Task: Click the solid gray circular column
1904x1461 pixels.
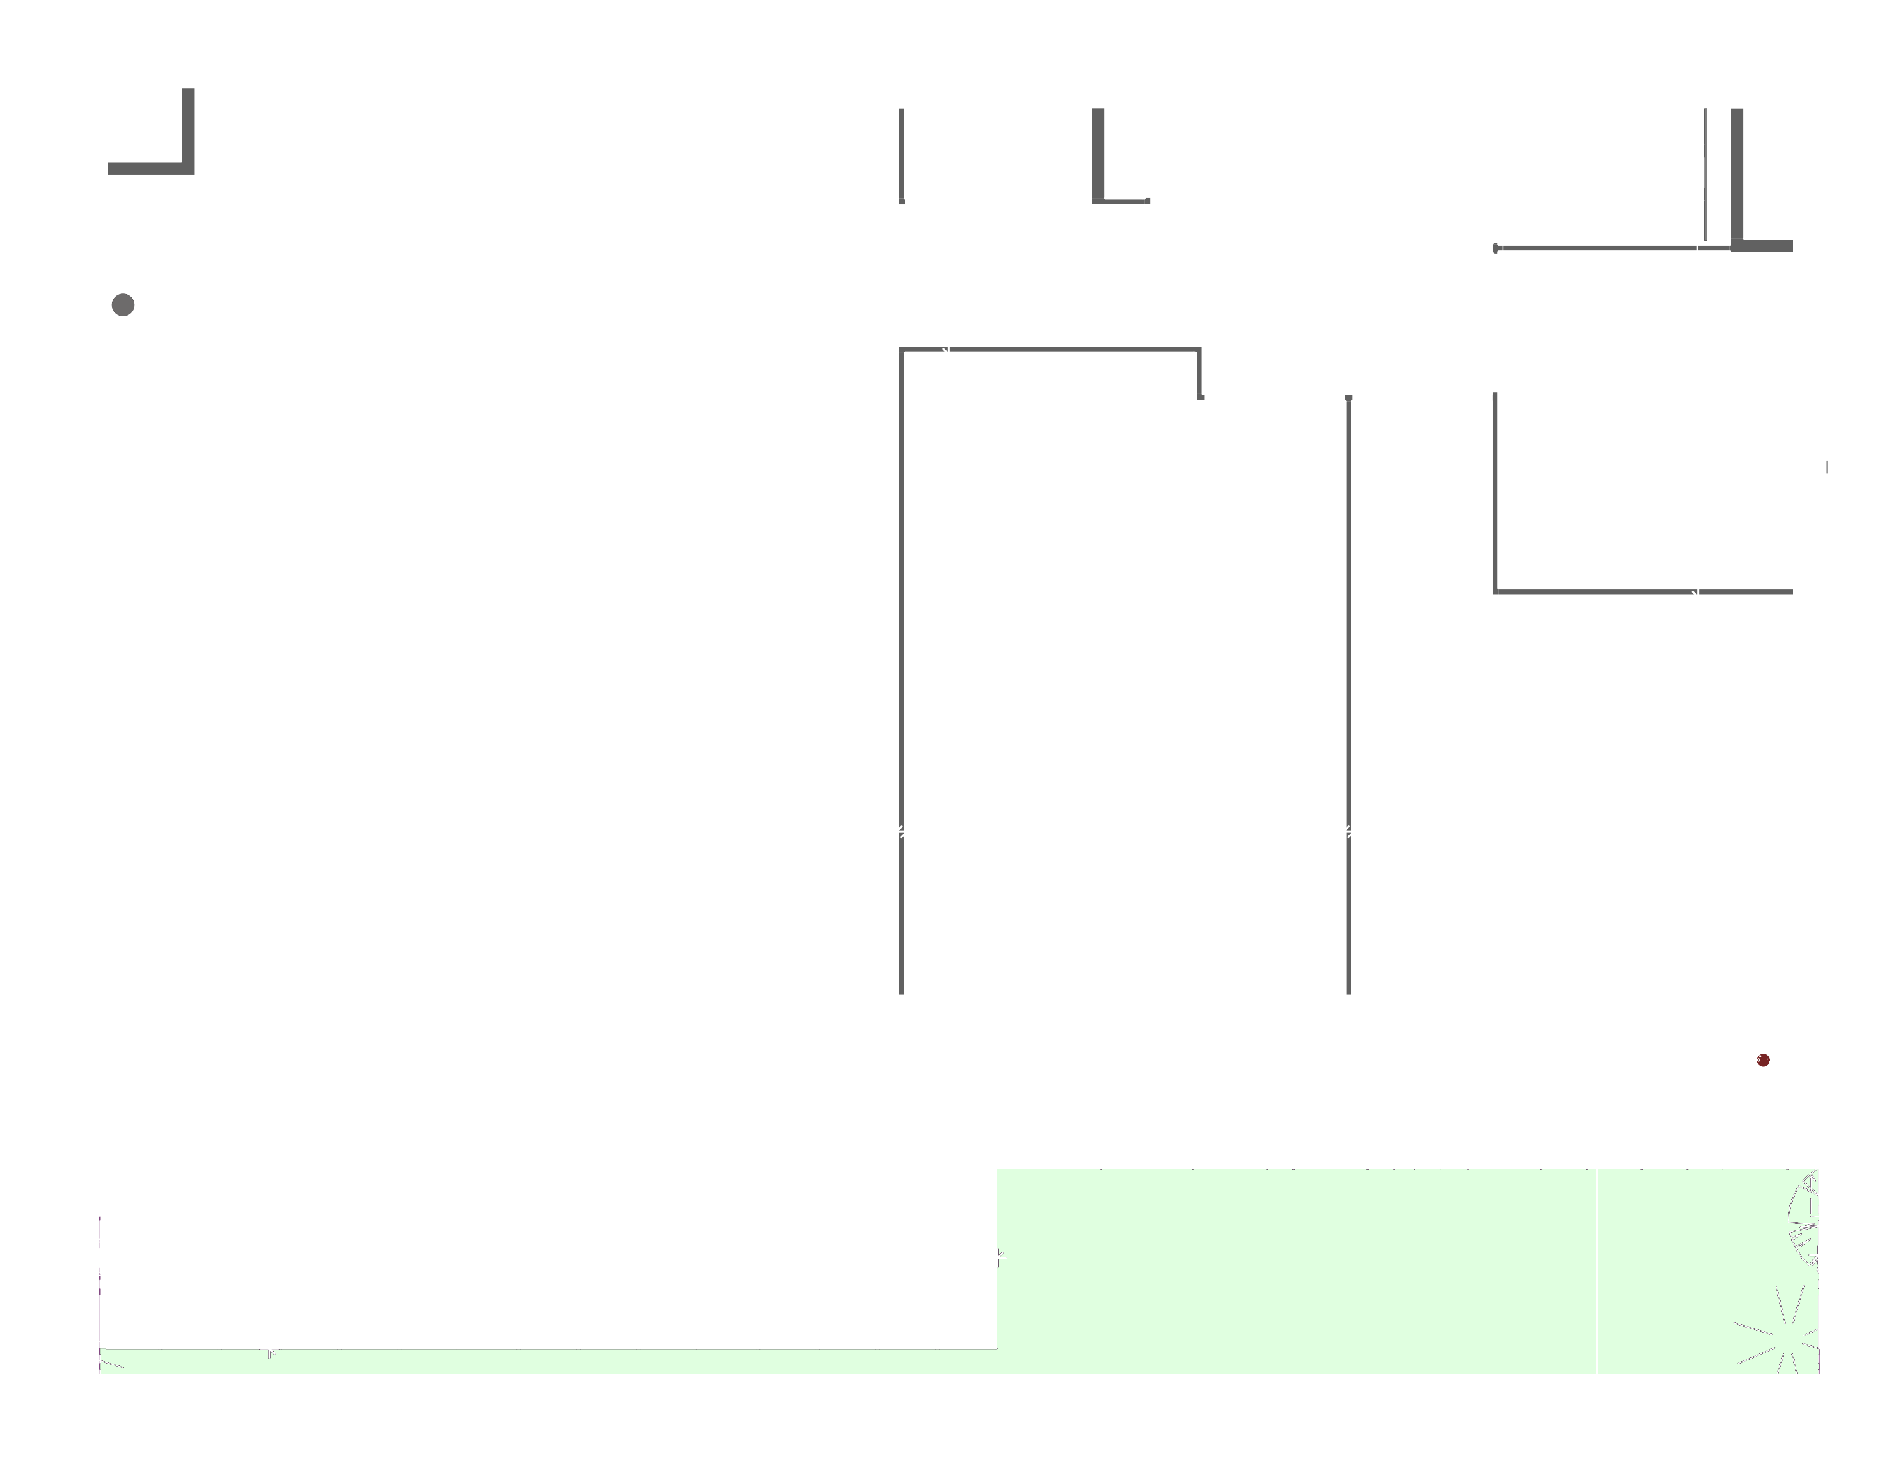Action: tap(123, 304)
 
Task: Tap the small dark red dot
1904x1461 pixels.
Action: tap(1762, 1059)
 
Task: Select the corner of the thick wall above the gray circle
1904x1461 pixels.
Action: tap(188, 167)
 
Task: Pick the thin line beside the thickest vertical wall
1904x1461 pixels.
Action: tap(1704, 174)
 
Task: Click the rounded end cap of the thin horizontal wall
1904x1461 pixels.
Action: tap(1495, 248)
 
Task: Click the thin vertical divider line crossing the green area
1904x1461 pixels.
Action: tap(1596, 1270)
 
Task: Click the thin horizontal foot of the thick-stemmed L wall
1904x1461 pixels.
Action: tap(1126, 201)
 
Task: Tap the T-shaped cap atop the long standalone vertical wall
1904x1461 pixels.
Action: tap(1348, 397)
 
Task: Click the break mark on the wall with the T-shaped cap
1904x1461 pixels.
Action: tap(1348, 831)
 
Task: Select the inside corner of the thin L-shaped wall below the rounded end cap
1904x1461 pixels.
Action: tap(1496, 591)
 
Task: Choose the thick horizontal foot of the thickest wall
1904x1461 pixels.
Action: tap(1765, 246)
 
